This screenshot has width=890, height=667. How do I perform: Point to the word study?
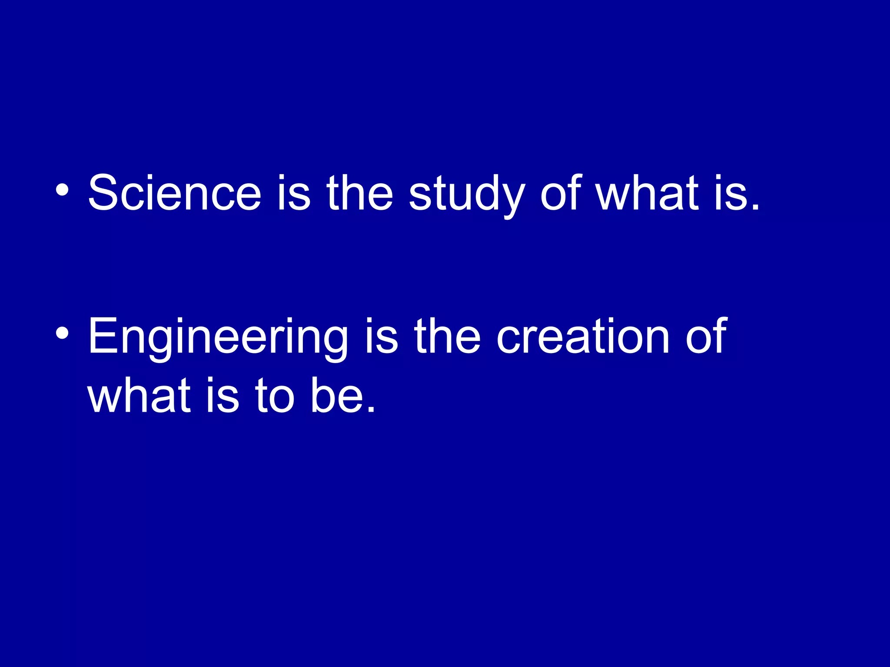[467, 195]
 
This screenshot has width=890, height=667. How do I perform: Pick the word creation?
[583, 336]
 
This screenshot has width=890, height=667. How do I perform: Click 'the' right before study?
[360, 193]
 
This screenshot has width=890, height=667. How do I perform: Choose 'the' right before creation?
[447, 336]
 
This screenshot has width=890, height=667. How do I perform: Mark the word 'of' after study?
[561, 193]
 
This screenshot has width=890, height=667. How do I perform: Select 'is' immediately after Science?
[294, 193]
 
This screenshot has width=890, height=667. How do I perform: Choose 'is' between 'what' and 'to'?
[222, 395]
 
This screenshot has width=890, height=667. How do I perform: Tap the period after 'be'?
[371, 410]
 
